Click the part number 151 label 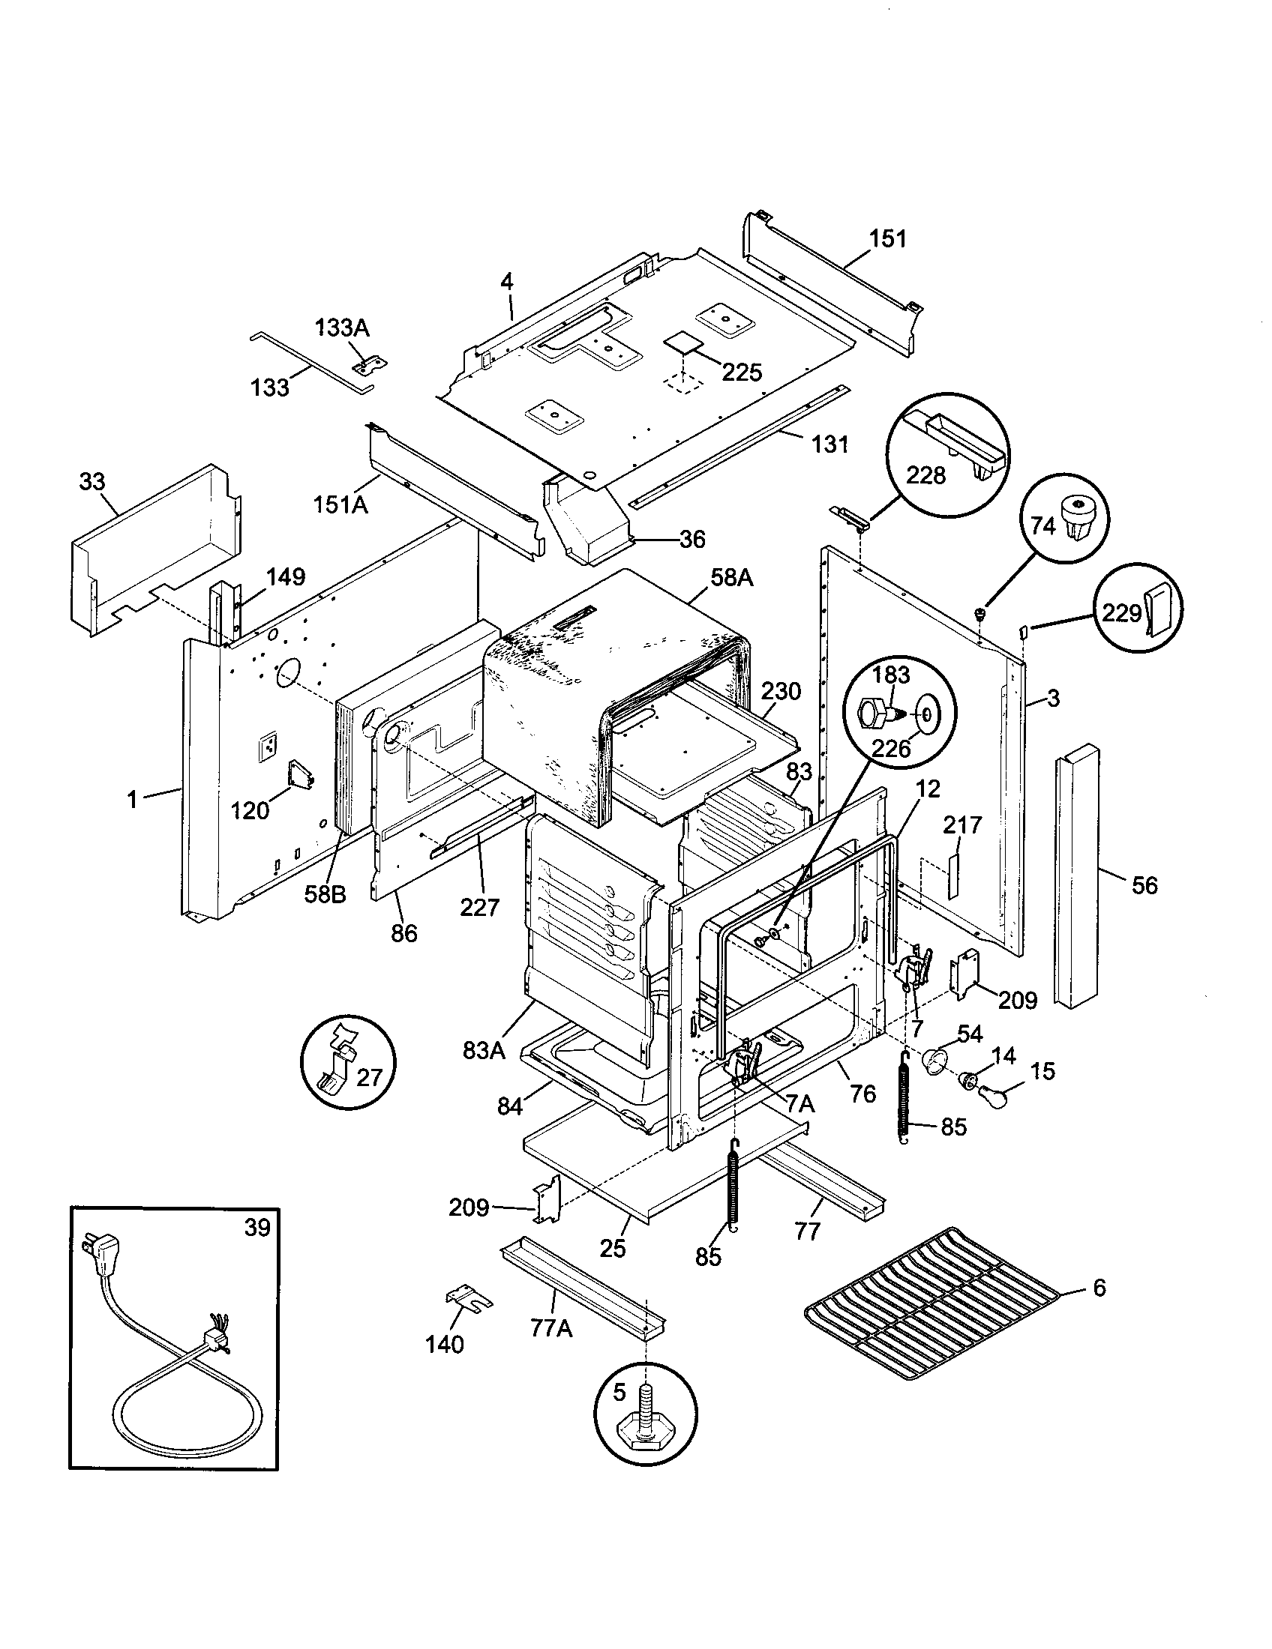point(887,238)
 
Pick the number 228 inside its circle point(925,475)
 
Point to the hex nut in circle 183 point(876,711)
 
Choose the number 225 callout point(741,373)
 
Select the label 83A point(484,1049)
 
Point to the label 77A point(550,1328)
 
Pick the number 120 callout point(250,810)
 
